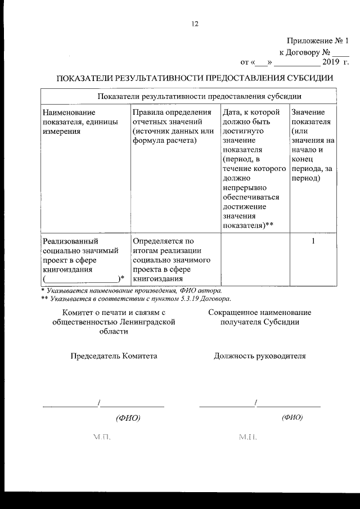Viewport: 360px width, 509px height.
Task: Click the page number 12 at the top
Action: point(195,24)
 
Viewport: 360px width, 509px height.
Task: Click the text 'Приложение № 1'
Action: point(317,41)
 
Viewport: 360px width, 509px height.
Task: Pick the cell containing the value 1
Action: point(313,242)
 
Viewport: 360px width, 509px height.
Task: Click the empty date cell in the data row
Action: point(254,259)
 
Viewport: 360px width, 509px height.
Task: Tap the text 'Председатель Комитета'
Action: point(114,355)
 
